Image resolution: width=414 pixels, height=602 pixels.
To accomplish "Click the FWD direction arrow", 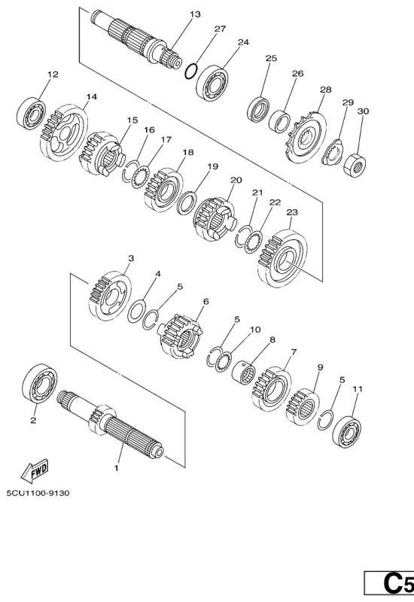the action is click(x=35, y=470).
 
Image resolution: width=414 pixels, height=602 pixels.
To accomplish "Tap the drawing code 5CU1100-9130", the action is click(x=38, y=493).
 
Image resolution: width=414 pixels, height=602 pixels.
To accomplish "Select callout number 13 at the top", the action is click(x=195, y=14).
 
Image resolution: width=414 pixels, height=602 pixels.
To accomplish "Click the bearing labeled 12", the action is click(x=32, y=114).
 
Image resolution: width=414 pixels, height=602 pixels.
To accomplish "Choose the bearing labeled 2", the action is click(x=40, y=383).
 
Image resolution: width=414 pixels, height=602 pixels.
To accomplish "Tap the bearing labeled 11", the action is click(x=348, y=430).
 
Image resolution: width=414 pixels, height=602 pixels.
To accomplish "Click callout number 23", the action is click(x=292, y=212).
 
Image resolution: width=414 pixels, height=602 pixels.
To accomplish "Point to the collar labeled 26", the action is click(x=279, y=120).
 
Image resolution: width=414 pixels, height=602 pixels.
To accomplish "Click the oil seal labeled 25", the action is click(x=258, y=110).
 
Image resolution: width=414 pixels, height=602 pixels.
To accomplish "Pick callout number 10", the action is click(x=255, y=330).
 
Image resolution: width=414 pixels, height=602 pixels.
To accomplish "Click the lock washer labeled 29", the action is click(x=331, y=153).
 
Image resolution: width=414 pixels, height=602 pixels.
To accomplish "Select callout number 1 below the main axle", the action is click(x=117, y=468).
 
